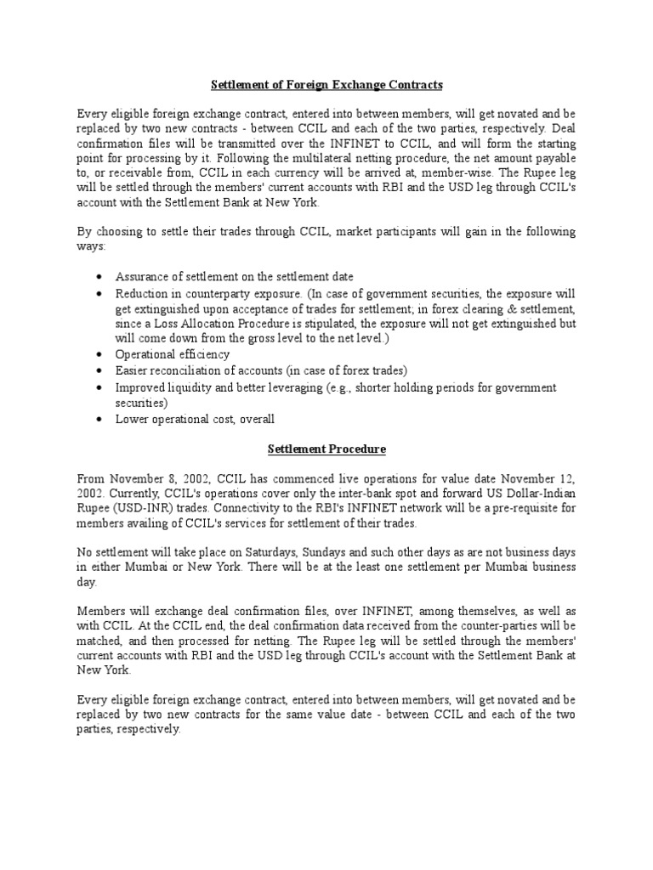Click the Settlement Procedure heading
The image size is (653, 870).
pos(326,449)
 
